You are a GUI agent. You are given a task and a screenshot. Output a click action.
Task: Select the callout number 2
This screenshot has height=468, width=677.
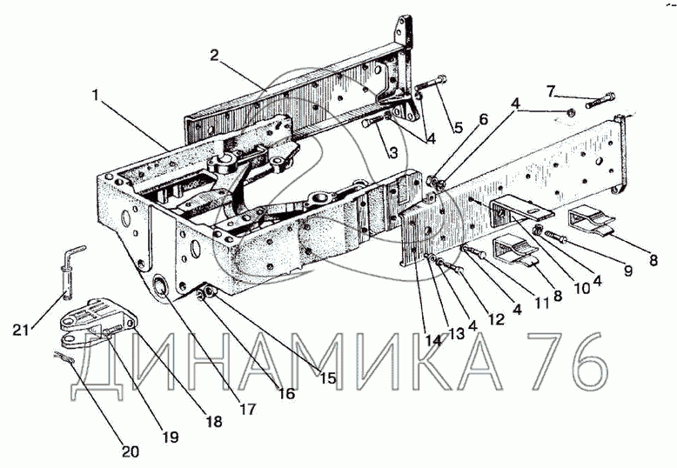pyautogui.click(x=215, y=56)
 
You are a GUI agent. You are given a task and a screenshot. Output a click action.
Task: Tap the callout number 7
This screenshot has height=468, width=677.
pyautogui.click(x=550, y=91)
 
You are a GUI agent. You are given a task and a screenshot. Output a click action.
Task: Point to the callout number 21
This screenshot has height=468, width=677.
pyautogui.click(x=21, y=331)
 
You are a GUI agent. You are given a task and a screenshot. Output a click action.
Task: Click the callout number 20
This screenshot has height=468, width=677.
pyautogui.click(x=130, y=451)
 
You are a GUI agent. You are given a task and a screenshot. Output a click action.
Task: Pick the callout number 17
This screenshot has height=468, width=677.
pyautogui.click(x=248, y=409)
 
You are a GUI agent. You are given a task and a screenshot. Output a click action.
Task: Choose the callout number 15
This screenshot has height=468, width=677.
pyautogui.click(x=328, y=378)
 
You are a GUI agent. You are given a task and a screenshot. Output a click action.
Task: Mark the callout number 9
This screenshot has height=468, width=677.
pyautogui.click(x=627, y=271)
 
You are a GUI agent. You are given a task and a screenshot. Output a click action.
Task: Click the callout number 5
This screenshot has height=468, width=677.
pyautogui.click(x=458, y=127)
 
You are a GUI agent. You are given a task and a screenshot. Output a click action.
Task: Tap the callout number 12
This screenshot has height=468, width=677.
pyautogui.click(x=496, y=319)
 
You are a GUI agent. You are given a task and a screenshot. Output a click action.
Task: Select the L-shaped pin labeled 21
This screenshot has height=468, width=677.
pyautogui.click(x=71, y=272)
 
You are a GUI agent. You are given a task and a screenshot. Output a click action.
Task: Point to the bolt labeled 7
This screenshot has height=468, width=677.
pyautogui.click(x=600, y=100)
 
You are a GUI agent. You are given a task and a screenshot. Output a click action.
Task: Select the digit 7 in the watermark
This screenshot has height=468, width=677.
pyautogui.click(x=547, y=360)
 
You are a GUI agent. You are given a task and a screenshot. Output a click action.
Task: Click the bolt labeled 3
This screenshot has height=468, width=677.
pyautogui.click(x=374, y=121)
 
